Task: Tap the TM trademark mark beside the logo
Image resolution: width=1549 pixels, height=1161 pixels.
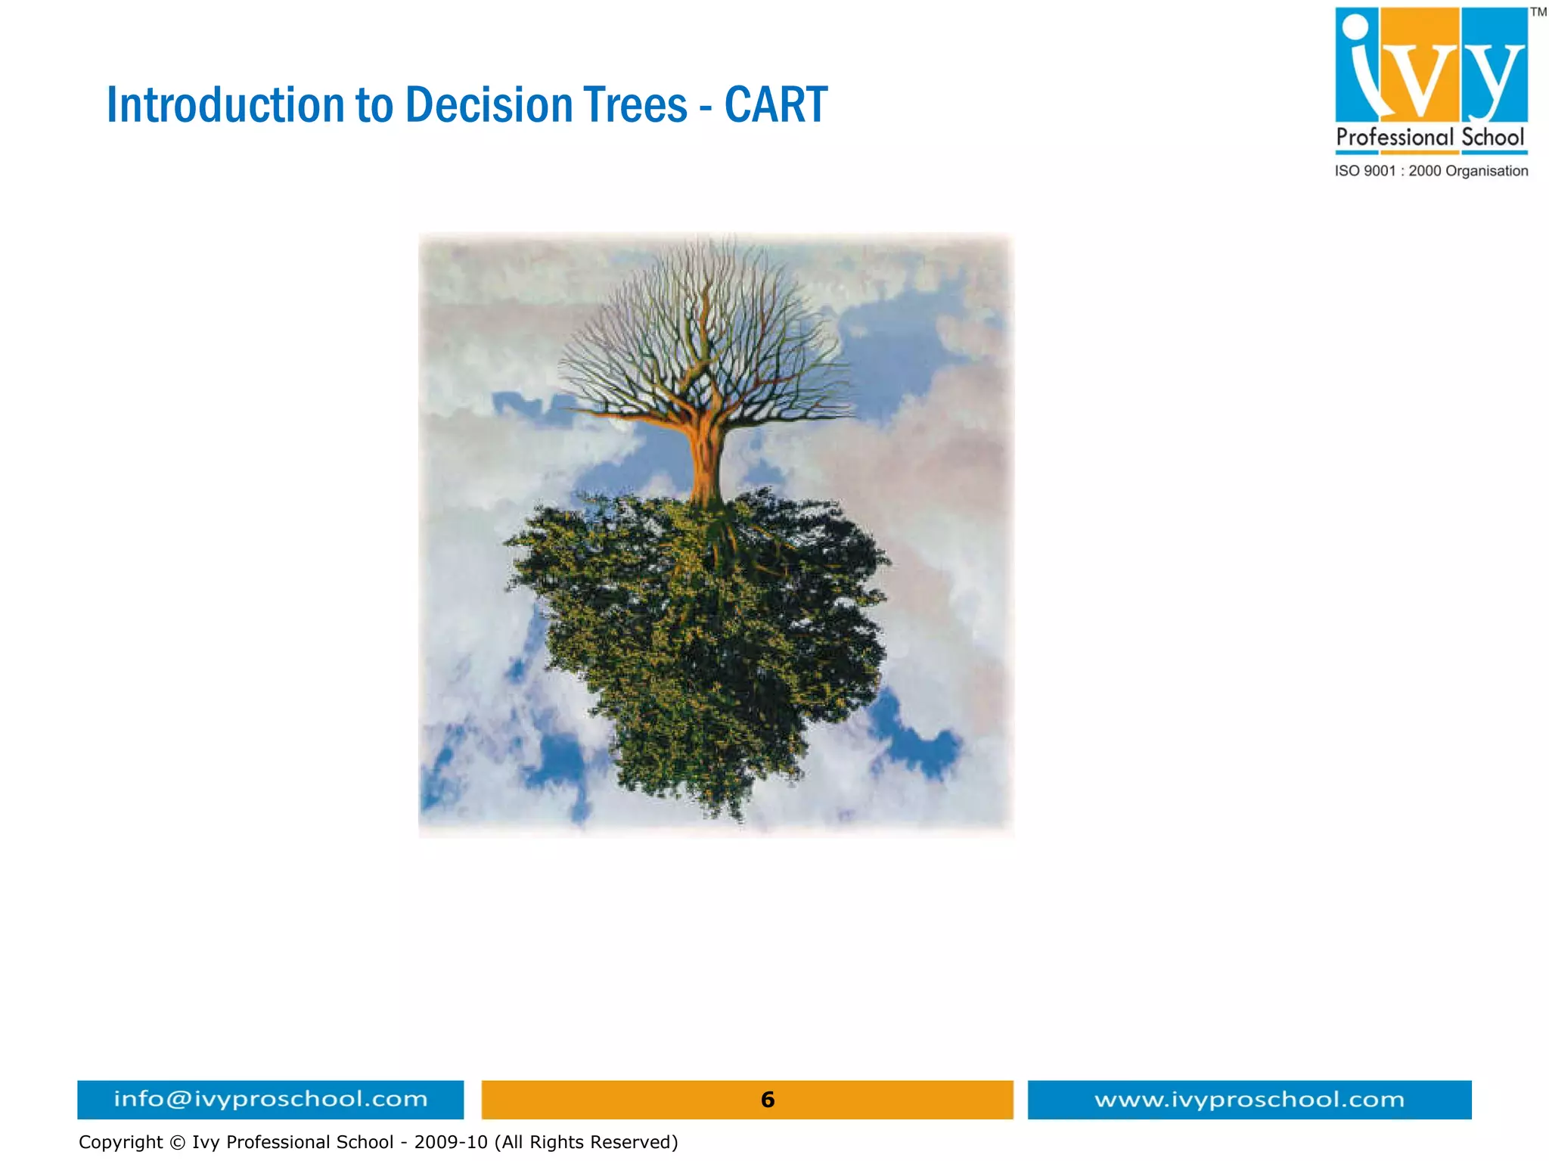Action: pos(1538,12)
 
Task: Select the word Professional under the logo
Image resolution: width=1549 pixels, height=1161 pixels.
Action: pos(1395,138)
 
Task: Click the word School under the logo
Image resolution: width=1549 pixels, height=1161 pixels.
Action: pos(1492,138)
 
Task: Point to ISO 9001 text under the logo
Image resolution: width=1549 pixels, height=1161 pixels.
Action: pos(1364,171)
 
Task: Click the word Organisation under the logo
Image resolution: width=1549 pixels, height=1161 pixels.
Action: pos(1486,171)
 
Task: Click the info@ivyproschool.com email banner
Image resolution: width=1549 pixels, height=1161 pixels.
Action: pos(270,1099)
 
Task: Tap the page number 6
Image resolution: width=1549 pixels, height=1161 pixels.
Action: pos(767,1099)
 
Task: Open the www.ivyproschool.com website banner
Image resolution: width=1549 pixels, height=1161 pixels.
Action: pos(1249,1099)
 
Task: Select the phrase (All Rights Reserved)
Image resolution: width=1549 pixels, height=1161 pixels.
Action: pos(586,1142)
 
